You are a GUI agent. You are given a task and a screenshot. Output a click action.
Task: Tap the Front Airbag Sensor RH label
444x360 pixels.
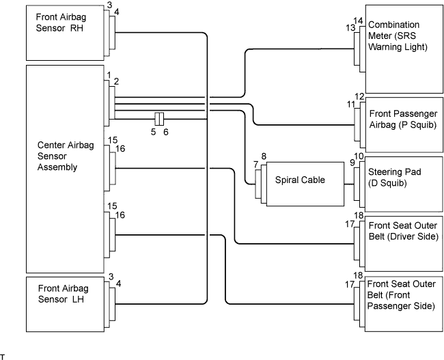coord(61,23)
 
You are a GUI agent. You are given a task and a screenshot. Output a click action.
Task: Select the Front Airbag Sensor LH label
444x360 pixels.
coord(63,294)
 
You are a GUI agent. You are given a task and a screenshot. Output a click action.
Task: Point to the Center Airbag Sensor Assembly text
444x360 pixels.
coord(66,156)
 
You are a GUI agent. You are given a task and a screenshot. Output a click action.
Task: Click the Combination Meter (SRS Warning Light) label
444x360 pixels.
coord(398,36)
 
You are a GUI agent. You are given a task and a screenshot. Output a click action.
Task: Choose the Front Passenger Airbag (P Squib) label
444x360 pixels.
coord(403,120)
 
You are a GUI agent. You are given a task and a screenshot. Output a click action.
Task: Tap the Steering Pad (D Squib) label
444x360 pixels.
coord(394,178)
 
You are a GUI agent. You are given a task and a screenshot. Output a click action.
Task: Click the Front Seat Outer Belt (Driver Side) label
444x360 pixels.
coord(403,231)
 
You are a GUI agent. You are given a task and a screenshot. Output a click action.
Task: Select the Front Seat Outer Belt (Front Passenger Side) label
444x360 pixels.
coord(401,295)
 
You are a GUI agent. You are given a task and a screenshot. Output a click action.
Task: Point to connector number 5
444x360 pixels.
coord(153,132)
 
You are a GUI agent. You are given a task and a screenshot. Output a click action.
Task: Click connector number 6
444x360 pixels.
coord(166,132)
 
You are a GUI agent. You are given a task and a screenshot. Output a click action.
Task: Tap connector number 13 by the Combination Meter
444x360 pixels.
coord(350,28)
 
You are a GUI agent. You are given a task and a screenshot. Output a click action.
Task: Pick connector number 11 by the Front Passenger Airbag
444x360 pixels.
coord(351,105)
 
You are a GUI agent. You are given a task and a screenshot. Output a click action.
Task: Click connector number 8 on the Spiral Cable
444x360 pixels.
coord(264,156)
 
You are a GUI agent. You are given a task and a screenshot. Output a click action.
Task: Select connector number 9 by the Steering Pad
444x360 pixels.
coord(352,163)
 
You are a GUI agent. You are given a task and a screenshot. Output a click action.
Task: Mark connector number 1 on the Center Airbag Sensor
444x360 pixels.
coord(109,75)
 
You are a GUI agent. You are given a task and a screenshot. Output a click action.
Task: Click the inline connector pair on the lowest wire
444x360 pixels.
coord(159,119)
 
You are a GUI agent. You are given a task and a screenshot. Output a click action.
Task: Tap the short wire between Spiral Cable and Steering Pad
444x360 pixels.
coord(349,184)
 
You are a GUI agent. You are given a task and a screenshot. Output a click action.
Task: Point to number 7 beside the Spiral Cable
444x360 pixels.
coord(255,165)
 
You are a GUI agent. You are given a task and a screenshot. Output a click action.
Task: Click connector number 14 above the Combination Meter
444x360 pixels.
coord(358,21)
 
